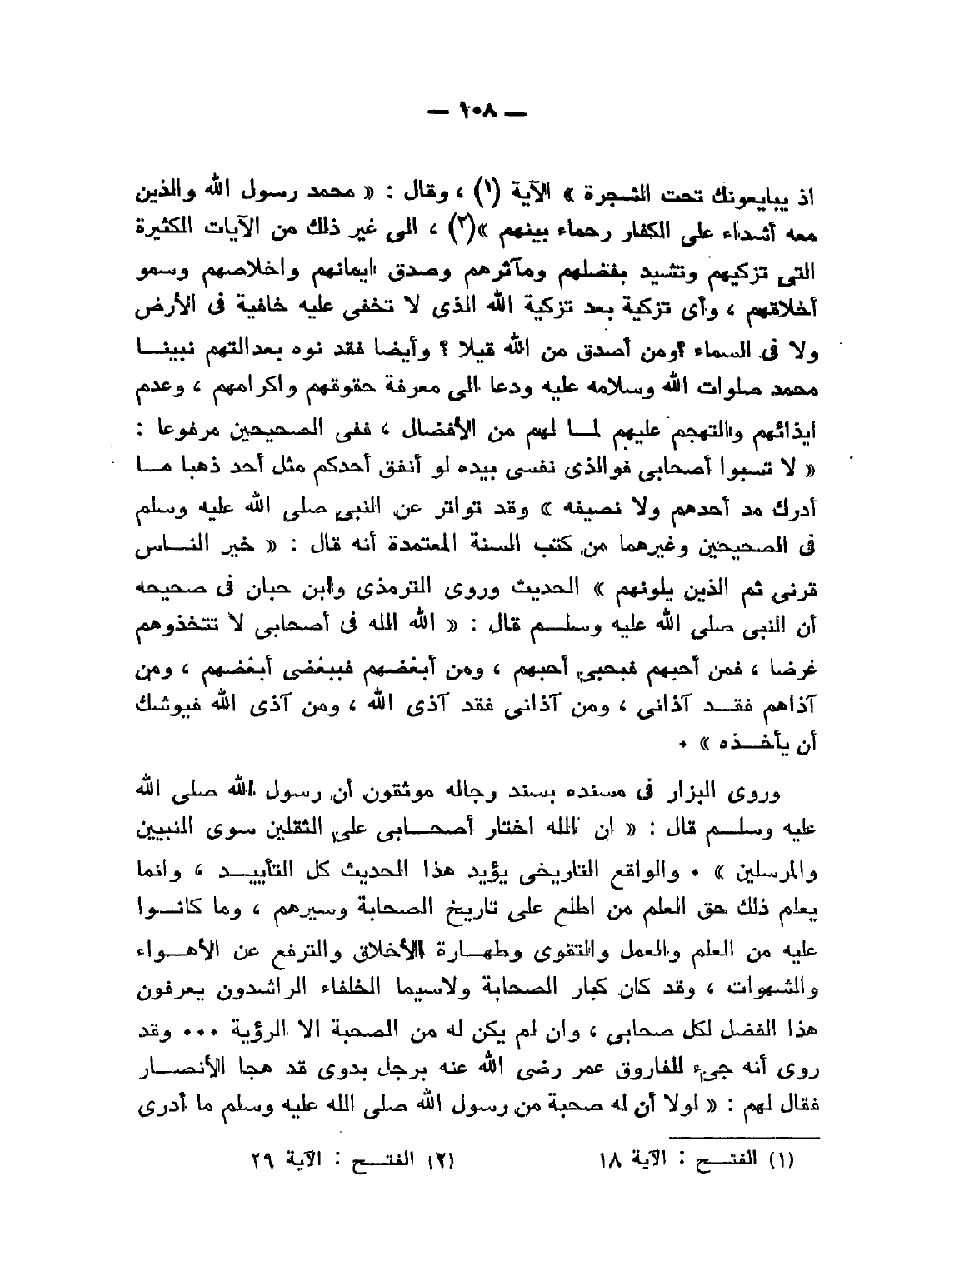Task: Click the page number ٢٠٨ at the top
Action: tap(482, 110)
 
